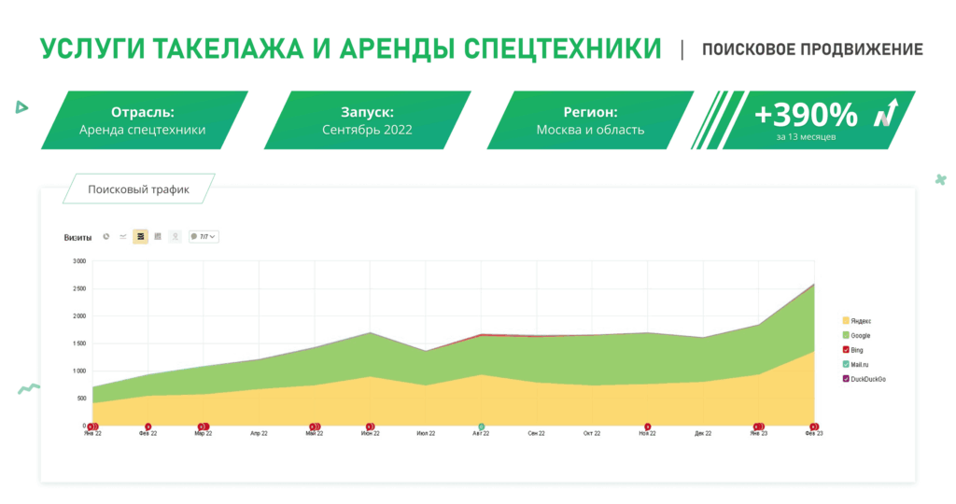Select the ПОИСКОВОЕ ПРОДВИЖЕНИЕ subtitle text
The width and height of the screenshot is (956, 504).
pos(812,49)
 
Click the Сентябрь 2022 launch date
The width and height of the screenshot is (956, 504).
pos(366,130)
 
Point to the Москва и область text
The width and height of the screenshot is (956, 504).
pos(590,130)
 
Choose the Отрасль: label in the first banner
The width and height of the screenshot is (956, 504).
pos(143,110)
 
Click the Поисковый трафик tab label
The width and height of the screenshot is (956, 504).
pos(138,189)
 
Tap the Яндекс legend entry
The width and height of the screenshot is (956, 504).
pos(860,321)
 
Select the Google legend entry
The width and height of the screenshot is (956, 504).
pos(860,335)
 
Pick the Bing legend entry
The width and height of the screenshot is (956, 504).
pos(857,350)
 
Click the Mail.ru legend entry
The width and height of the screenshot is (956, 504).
pos(860,364)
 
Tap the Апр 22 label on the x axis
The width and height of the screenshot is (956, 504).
pos(259,434)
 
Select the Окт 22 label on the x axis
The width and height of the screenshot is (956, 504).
pos(592,434)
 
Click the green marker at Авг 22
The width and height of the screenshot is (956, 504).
pos(482,427)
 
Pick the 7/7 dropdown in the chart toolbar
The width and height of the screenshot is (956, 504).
pos(204,237)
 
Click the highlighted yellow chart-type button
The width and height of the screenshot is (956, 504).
pos(140,237)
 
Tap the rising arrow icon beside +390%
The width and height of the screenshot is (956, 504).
pos(886,112)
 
